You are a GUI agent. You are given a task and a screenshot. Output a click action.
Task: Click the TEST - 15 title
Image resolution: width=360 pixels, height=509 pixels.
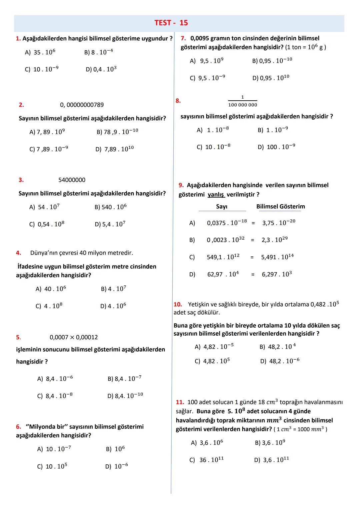[171, 23]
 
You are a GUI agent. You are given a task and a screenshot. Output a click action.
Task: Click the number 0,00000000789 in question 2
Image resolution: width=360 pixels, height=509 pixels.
[82, 105]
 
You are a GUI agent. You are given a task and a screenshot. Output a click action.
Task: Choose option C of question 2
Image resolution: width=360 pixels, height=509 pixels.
[49, 149]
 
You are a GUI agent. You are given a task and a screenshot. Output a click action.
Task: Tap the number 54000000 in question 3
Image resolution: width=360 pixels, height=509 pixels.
[72, 180]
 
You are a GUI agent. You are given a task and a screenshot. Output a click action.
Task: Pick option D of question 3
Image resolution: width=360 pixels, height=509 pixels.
[110, 224]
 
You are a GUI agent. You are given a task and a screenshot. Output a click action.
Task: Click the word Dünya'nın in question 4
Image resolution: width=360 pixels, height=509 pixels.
[44, 253]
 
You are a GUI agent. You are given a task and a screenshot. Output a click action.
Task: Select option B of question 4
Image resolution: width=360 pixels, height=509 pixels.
[113, 289]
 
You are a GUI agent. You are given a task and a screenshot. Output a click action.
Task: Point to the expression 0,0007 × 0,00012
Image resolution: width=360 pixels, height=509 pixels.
[74, 337]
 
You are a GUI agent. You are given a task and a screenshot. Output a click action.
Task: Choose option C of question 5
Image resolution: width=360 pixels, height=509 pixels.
[55, 396]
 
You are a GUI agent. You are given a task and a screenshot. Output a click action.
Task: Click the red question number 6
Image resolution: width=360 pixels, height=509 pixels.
[18, 427]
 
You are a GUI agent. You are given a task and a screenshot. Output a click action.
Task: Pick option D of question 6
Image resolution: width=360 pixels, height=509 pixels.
[116, 466]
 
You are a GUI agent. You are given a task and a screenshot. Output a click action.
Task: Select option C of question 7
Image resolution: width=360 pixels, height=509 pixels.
[207, 78]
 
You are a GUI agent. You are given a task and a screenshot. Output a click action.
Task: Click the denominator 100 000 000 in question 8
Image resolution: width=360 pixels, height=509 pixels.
[243, 105]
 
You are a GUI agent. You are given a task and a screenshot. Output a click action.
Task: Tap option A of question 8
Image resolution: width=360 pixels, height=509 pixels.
[213, 130]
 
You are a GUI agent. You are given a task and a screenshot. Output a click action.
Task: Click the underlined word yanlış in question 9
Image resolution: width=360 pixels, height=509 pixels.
[216, 195]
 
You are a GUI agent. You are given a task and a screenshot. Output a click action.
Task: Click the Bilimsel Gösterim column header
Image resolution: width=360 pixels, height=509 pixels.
[280, 207]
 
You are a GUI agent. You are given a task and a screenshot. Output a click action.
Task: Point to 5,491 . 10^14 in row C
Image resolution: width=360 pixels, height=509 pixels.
[277, 257]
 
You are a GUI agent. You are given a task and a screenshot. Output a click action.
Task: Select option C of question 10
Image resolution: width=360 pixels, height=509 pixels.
[212, 361]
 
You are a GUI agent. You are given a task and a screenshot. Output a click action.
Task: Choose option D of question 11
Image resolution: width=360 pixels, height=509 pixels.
[271, 460]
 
